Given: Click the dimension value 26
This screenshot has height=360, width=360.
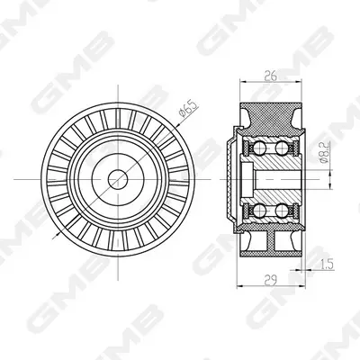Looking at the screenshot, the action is pyautogui.click(x=271, y=76).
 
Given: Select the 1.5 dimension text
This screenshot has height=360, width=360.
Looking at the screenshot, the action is pyautogui.click(x=327, y=265).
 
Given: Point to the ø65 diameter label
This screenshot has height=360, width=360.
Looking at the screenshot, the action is pyautogui.click(x=189, y=109).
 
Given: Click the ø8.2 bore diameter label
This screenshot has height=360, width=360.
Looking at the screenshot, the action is pyautogui.click(x=325, y=152).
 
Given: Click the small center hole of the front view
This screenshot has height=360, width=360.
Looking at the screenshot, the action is pyautogui.click(x=118, y=179).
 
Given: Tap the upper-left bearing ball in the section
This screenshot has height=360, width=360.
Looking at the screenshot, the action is pyautogui.click(x=257, y=147).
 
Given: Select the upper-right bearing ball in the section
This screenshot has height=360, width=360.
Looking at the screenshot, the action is pyautogui.click(x=282, y=147).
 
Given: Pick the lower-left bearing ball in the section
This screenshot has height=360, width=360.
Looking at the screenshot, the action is pyautogui.click(x=257, y=211).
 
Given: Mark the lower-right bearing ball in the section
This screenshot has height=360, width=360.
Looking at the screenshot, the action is pyautogui.click(x=282, y=211).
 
